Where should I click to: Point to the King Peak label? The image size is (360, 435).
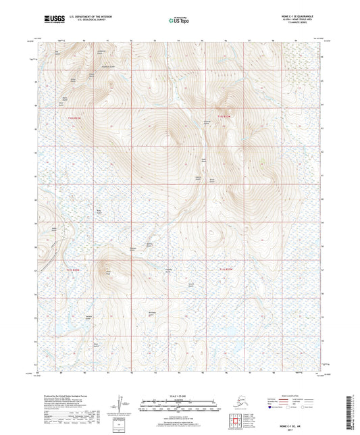point(107,272)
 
